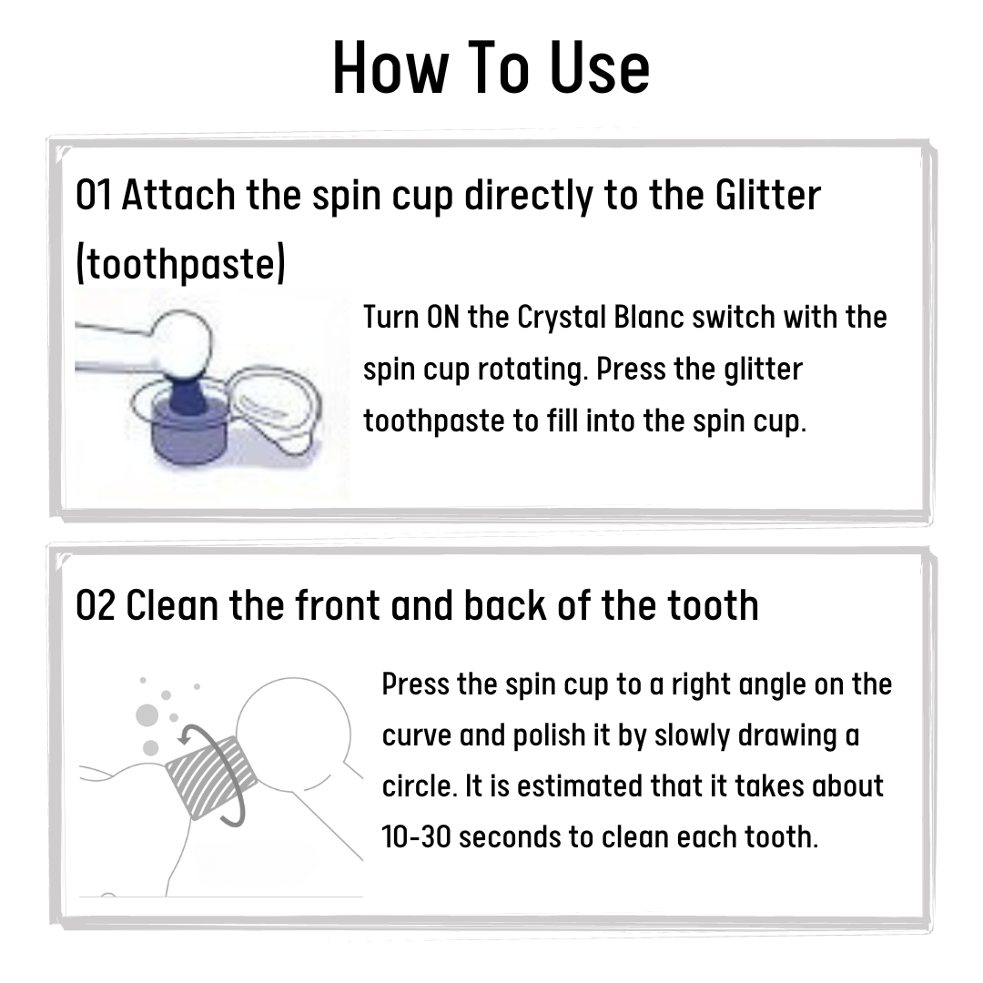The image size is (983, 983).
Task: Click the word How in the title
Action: [390, 67]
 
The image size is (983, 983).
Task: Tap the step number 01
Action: [94, 195]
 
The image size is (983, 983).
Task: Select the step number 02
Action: [96, 606]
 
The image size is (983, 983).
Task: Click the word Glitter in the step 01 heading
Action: [767, 195]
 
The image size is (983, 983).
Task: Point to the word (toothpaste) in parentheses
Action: [180, 263]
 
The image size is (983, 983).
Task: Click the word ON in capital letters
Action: [442, 318]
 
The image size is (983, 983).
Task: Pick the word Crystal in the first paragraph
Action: [562, 319]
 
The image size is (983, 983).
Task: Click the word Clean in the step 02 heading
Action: [172, 606]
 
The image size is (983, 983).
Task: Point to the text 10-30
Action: [416, 837]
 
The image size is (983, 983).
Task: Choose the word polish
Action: [549, 736]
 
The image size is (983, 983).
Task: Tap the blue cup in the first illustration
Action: [188, 426]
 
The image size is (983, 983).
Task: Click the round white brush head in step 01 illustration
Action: [183, 341]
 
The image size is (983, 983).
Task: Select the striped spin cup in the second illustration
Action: [210, 777]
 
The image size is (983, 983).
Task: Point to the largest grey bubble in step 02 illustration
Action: [147, 715]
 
